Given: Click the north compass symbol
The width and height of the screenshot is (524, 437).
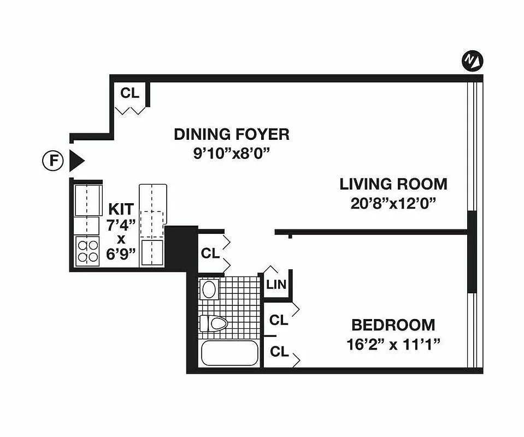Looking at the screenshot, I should point(472,61).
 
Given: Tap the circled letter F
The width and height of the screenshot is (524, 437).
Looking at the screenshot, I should point(52,161).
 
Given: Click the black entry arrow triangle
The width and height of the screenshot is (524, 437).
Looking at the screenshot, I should point(76,161).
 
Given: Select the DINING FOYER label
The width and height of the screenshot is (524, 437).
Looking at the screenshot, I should point(231,134).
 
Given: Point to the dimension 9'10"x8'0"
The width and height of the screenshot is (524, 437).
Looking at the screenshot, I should point(231,153).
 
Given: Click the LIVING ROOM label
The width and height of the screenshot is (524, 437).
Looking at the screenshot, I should point(393,184).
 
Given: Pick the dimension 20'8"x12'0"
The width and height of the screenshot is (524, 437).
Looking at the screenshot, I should point(393,204).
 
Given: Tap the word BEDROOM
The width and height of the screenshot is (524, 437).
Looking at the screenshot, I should point(393,326).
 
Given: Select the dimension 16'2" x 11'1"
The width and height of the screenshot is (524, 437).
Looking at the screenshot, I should point(393,345).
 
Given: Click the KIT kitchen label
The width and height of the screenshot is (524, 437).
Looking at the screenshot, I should point(121,209).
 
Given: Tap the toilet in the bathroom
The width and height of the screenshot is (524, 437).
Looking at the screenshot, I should point(213,323).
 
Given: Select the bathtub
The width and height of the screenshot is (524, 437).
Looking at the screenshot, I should point(229,353).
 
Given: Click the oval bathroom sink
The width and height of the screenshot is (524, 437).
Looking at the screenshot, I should point(209,290).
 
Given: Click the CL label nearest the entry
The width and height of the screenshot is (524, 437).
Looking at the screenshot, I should point(130,93).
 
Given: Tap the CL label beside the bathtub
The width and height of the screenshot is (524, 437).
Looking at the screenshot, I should point(279,352).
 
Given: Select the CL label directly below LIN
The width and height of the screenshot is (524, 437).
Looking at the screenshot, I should point(279,319).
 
